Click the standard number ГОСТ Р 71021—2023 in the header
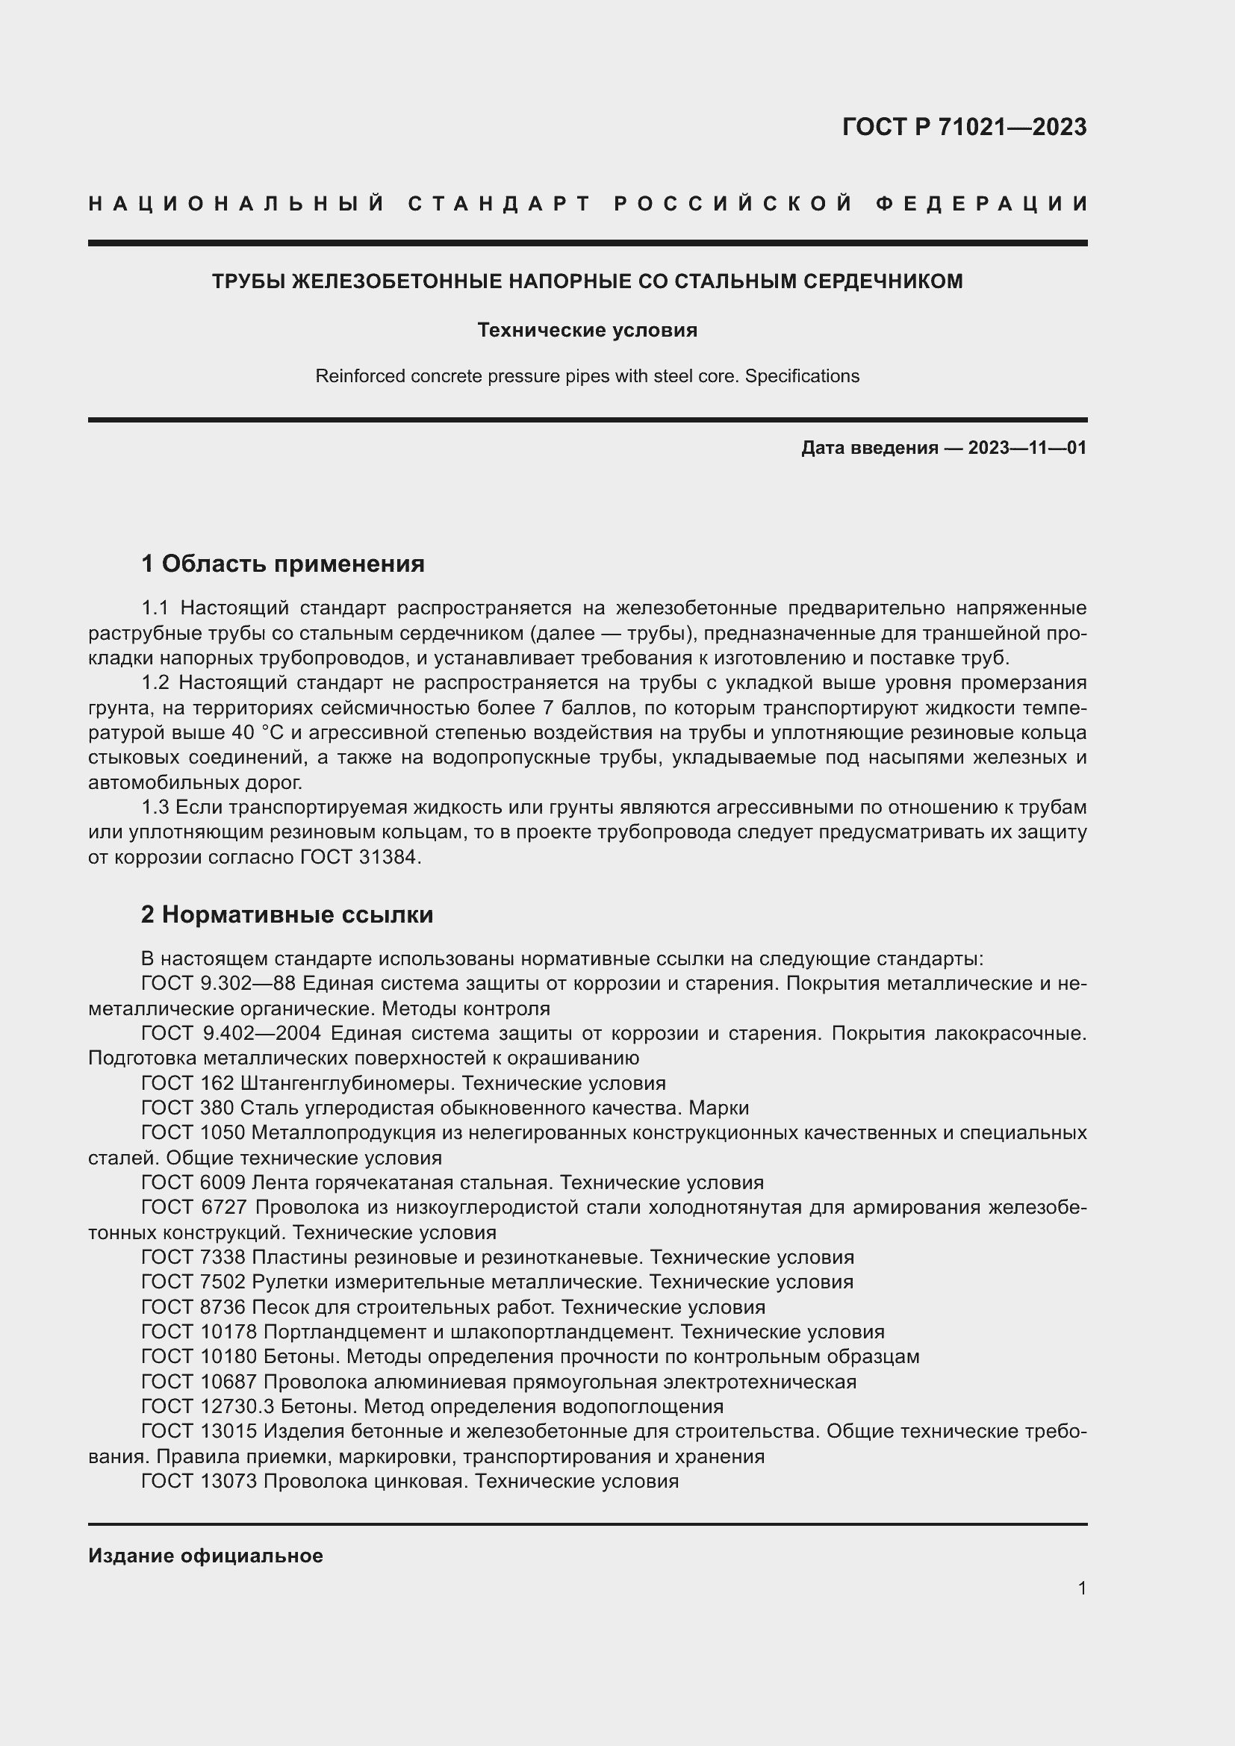coord(964,127)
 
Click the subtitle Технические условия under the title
coord(587,330)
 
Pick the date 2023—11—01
coord(1027,448)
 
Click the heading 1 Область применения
coord(283,564)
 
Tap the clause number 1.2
coord(155,683)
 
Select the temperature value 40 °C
coord(249,732)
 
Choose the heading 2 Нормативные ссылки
coord(287,914)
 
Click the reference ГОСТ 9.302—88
coord(218,983)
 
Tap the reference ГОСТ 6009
coord(193,1182)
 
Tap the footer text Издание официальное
coord(205,1556)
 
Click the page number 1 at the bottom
coord(1081,1588)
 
